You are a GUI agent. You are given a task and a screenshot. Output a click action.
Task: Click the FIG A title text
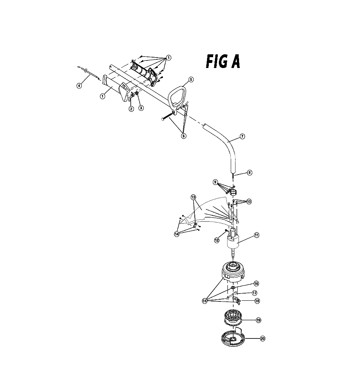point(223,62)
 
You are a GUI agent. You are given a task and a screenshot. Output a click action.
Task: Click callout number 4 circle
point(79,86)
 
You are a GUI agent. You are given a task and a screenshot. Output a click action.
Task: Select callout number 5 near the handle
point(191,79)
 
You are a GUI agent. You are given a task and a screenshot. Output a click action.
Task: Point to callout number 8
point(249,172)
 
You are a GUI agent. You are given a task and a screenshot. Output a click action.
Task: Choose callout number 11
point(257,235)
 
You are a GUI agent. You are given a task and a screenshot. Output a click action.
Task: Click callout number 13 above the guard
point(193,197)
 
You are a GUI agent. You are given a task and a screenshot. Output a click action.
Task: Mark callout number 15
point(204,301)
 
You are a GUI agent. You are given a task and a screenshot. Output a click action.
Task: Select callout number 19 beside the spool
point(258,320)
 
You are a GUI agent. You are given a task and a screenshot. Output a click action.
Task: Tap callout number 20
point(262,338)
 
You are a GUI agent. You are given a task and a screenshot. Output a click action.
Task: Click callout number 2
point(131,109)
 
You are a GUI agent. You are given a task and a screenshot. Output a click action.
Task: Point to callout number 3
point(141,108)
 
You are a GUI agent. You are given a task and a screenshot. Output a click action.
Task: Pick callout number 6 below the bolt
point(184,136)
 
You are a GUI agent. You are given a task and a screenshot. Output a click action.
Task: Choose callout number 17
point(255,293)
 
